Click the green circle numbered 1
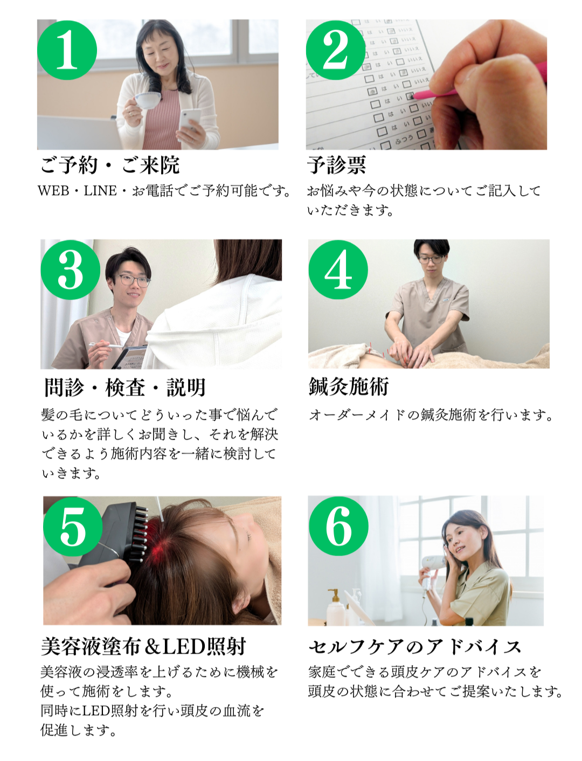[67, 50]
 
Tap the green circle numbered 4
[338, 269]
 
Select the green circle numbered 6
[338, 526]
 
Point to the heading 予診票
[336, 165]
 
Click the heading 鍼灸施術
[349, 387]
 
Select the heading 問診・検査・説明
[125, 388]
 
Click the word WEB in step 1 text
[53, 191]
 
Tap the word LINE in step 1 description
[100, 191]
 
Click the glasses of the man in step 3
[133, 280]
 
